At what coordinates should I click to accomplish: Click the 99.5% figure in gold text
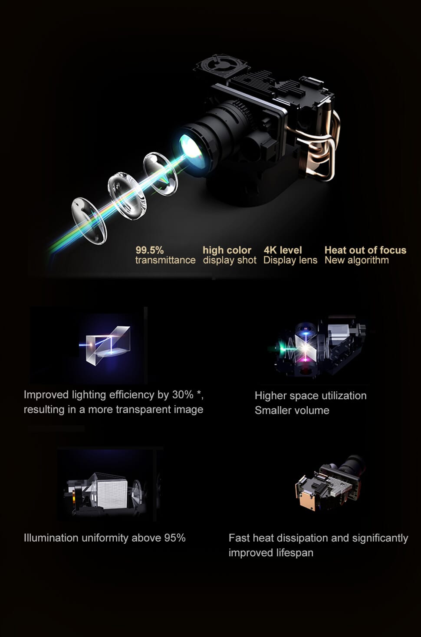(x=150, y=250)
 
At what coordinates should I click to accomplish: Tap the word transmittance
(x=165, y=260)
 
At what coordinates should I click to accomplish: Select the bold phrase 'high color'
(x=227, y=250)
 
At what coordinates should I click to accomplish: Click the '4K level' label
(x=283, y=250)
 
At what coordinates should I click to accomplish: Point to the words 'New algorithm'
(x=357, y=260)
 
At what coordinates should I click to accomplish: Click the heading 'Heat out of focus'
(x=365, y=250)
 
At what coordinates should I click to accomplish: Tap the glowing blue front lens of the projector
(x=191, y=149)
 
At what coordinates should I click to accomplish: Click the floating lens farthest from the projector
(x=89, y=221)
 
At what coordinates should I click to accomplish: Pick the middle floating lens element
(x=127, y=196)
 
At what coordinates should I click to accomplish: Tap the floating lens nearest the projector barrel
(x=161, y=174)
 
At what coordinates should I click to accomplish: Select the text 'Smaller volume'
(x=292, y=410)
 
